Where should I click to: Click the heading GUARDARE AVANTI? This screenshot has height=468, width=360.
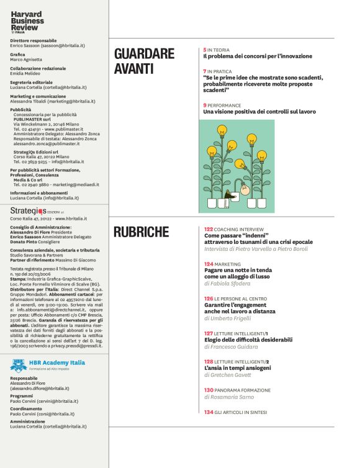(x=144, y=61)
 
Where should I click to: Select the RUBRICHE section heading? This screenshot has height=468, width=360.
(x=141, y=233)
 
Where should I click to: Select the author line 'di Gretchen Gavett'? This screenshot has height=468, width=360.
(x=230, y=376)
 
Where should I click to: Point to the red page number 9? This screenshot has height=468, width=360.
(x=205, y=106)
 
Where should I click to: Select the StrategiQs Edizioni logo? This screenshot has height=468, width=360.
(x=38, y=210)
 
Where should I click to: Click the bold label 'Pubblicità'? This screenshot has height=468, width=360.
(x=21, y=109)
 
